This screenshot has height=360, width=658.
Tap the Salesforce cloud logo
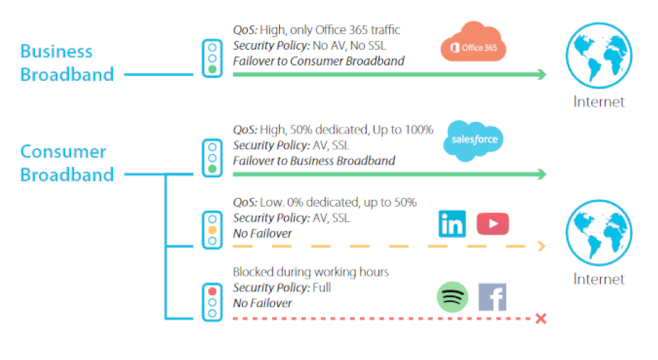click(474, 138)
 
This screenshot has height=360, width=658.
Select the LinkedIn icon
click(452, 223)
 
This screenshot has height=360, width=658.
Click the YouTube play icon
click(493, 223)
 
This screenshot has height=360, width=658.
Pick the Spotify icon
click(452, 297)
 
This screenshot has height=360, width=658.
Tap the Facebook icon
click(492, 297)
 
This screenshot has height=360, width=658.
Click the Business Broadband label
click(66, 63)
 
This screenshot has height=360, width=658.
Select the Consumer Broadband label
click(66, 163)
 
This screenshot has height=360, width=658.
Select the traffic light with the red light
click(211, 302)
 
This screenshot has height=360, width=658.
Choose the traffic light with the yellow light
click(211, 228)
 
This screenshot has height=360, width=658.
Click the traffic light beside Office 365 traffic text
click(211, 58)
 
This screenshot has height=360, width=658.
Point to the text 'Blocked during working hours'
click(311, 272)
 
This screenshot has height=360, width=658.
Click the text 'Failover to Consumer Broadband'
click(318, 61)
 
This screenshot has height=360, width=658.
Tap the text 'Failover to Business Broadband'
click(314, 160)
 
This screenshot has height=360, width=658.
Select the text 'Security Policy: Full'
click(282, 287)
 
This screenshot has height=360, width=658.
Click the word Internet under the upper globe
click(599, 102)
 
